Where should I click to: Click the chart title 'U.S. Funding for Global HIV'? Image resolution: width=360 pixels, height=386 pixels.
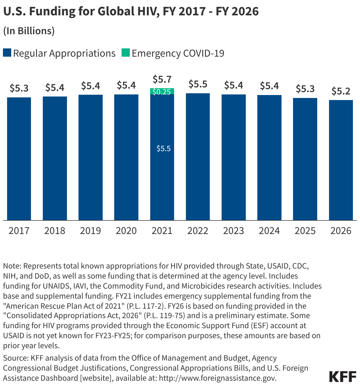(x=131, y=11)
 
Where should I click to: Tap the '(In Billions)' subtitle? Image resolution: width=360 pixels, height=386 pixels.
(x=29, y=31)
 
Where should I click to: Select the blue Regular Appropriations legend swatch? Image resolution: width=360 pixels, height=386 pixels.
(x=7, y=53)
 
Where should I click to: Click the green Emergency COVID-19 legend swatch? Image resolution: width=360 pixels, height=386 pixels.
(x=126, y=53)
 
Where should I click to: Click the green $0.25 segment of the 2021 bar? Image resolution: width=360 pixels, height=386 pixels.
(x=162, y=91)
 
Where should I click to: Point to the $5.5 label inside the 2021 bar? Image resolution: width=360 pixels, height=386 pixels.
(x=163, y=148)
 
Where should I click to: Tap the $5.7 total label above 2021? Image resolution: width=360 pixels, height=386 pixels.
(x=162, y=79)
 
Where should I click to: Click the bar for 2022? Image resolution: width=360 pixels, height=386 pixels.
(x=198, y=157)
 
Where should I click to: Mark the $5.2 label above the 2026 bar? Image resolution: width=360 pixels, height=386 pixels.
(x=341, y=91)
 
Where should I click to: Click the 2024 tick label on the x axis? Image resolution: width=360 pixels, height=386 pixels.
(x=269, y=231)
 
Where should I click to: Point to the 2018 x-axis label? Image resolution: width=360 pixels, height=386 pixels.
(x=55, y=231)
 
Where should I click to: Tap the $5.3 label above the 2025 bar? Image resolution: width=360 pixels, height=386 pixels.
(x=305, y=89)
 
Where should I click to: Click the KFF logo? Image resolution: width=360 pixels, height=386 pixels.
(x=343, y=377)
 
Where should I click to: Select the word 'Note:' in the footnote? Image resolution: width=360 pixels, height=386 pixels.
(x=12, y=266)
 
